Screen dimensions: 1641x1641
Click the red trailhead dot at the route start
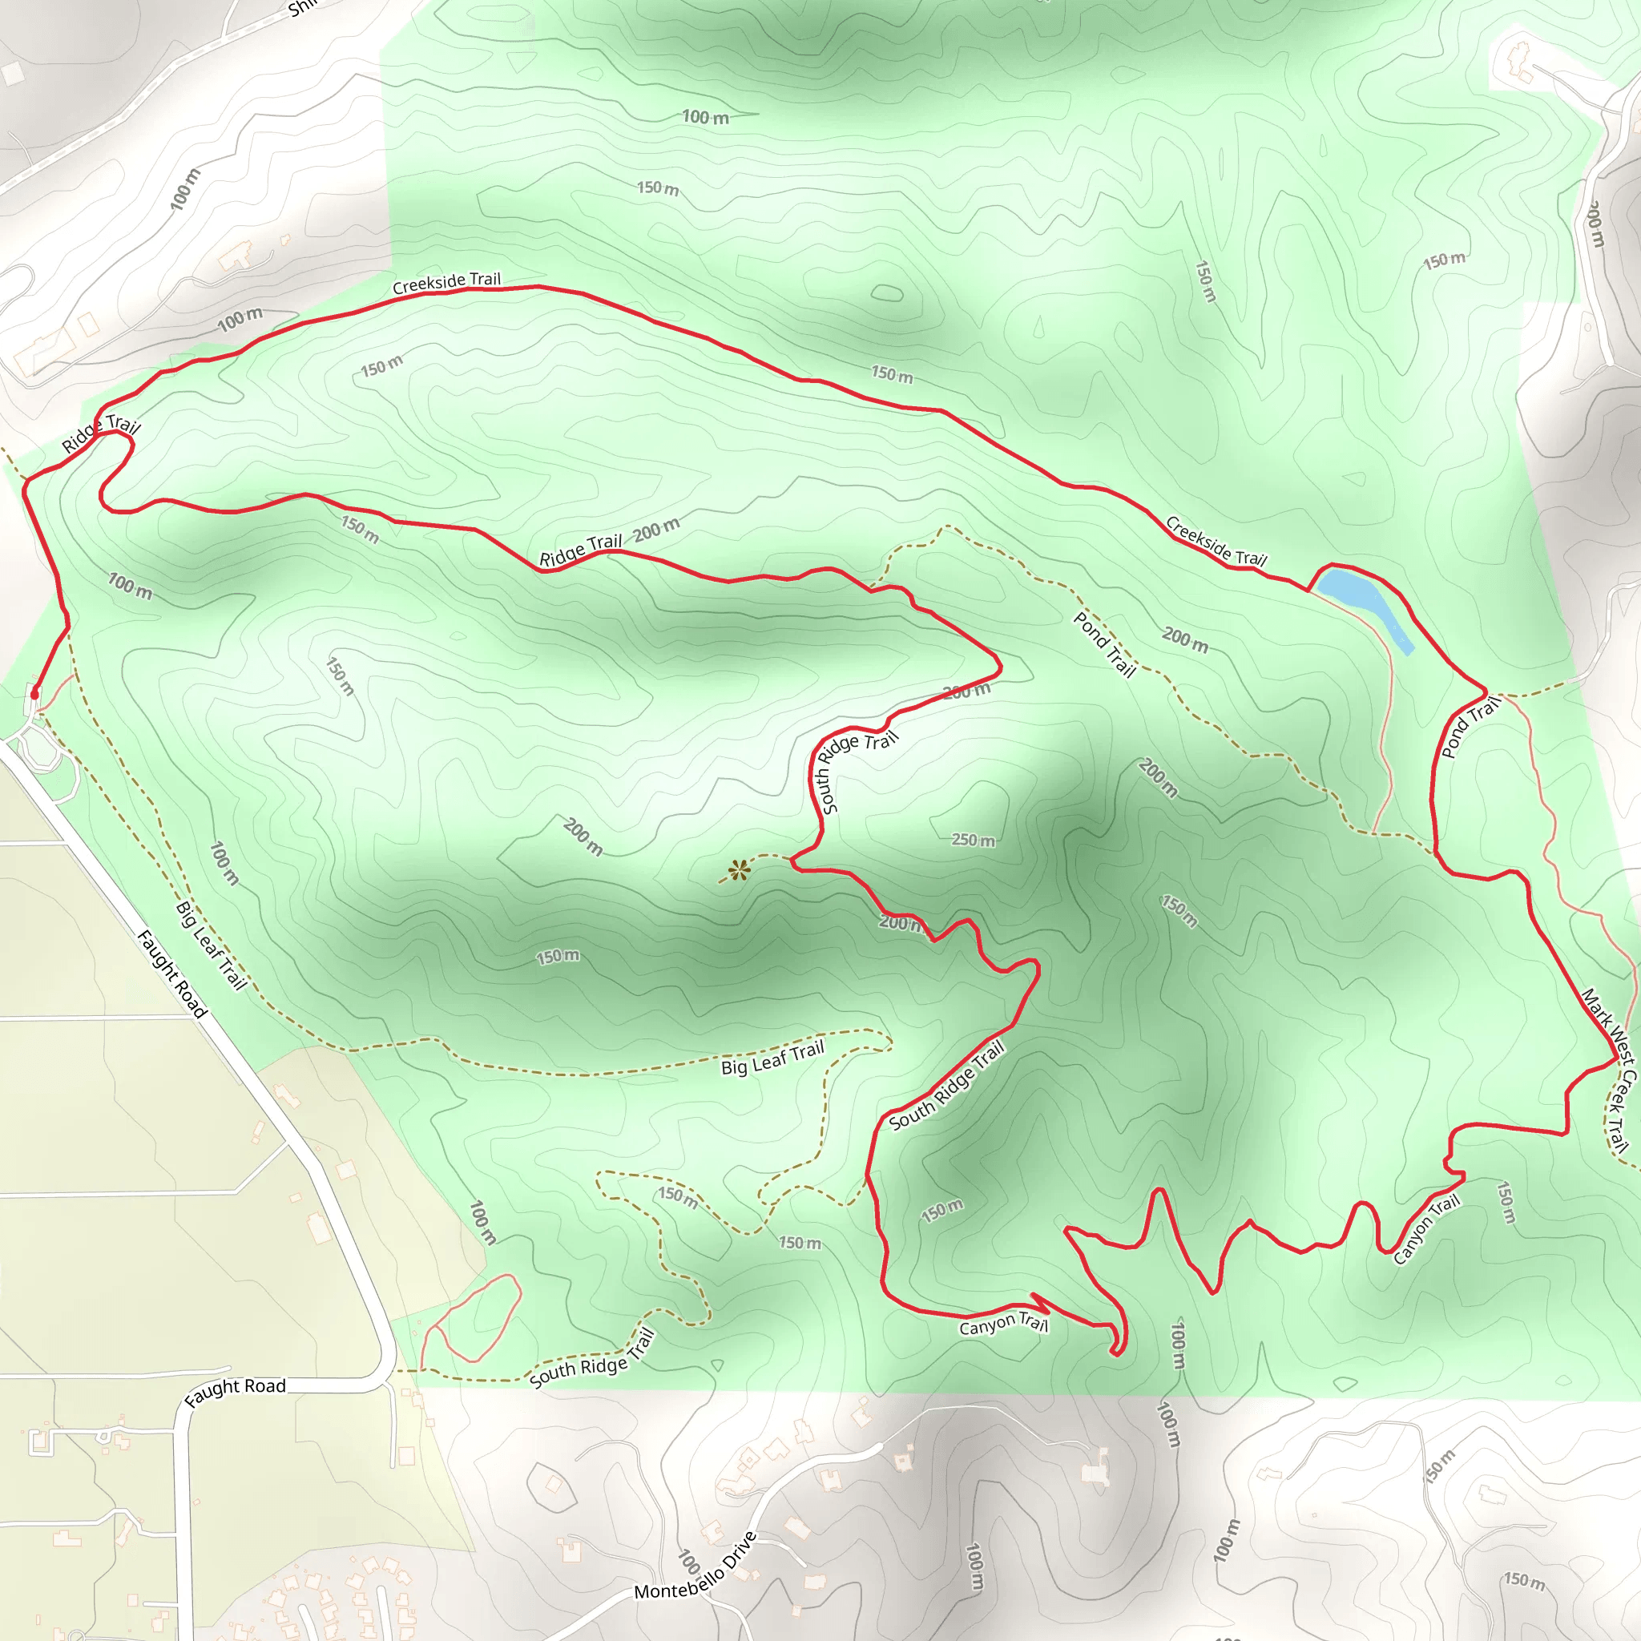point(34,695)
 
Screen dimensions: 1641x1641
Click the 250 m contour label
point(973,840)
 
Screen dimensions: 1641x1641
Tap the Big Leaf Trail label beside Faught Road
point(211,945)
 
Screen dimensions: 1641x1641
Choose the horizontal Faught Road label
point(236,1390)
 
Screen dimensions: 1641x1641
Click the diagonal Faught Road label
point(172,974)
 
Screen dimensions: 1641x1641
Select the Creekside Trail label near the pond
point(1216,542)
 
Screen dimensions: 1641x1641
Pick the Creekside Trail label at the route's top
point(447,283)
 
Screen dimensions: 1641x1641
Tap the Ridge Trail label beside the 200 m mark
point(581,550)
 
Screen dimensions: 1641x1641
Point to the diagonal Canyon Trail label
point(1427,1228)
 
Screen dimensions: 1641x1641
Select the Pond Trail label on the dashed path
point(1104,645)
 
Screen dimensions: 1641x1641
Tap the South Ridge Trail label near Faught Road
point(592,1358)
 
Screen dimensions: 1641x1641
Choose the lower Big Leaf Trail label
point(773,1058)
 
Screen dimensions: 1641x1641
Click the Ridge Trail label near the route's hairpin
point(100,434)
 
